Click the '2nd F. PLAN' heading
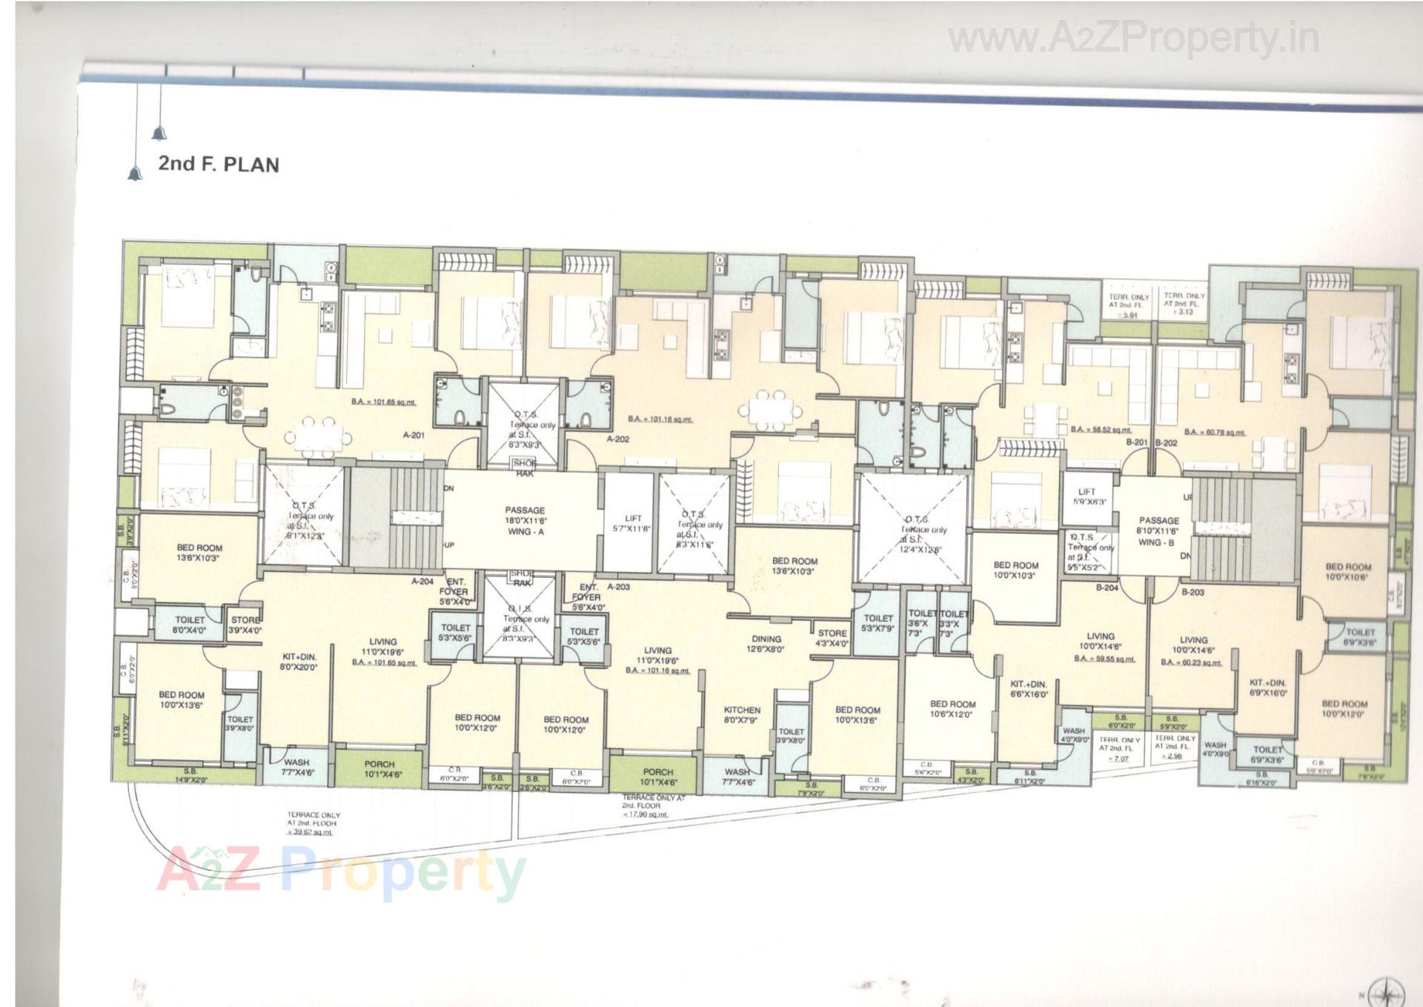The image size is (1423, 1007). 218,164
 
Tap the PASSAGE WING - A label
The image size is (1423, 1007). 525,521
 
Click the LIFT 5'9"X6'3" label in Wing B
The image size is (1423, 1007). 1086,496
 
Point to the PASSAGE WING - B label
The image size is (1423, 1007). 1158,531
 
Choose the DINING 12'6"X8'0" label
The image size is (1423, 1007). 766,644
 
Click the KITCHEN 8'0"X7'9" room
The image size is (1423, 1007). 741,714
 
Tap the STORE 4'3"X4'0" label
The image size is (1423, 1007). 832,638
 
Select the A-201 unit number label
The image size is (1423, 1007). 414,435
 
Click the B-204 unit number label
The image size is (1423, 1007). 1107,588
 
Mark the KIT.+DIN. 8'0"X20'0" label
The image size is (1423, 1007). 299,662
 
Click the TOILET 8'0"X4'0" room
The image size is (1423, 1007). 190,625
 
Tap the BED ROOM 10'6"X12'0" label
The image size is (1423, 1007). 952,709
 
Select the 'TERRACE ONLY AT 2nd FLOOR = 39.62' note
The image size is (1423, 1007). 313,823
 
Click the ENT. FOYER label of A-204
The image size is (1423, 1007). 454,591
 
